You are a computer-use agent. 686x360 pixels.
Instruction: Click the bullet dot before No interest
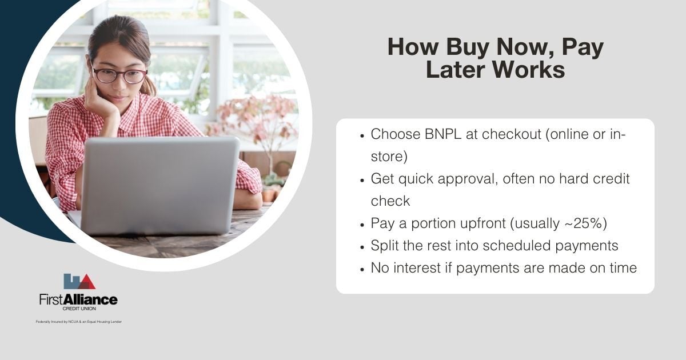click(x=362, y=268)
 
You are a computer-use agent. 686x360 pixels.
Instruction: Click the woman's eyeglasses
click(x=119, y=75)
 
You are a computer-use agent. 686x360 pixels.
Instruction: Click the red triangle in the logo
click(x=86, y=282)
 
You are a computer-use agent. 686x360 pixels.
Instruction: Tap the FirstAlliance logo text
click(x=78, y=299)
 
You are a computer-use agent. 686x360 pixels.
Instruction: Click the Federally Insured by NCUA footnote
click(x=78, y=322)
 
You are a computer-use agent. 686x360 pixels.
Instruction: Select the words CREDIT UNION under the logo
click(x=78, y=309)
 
